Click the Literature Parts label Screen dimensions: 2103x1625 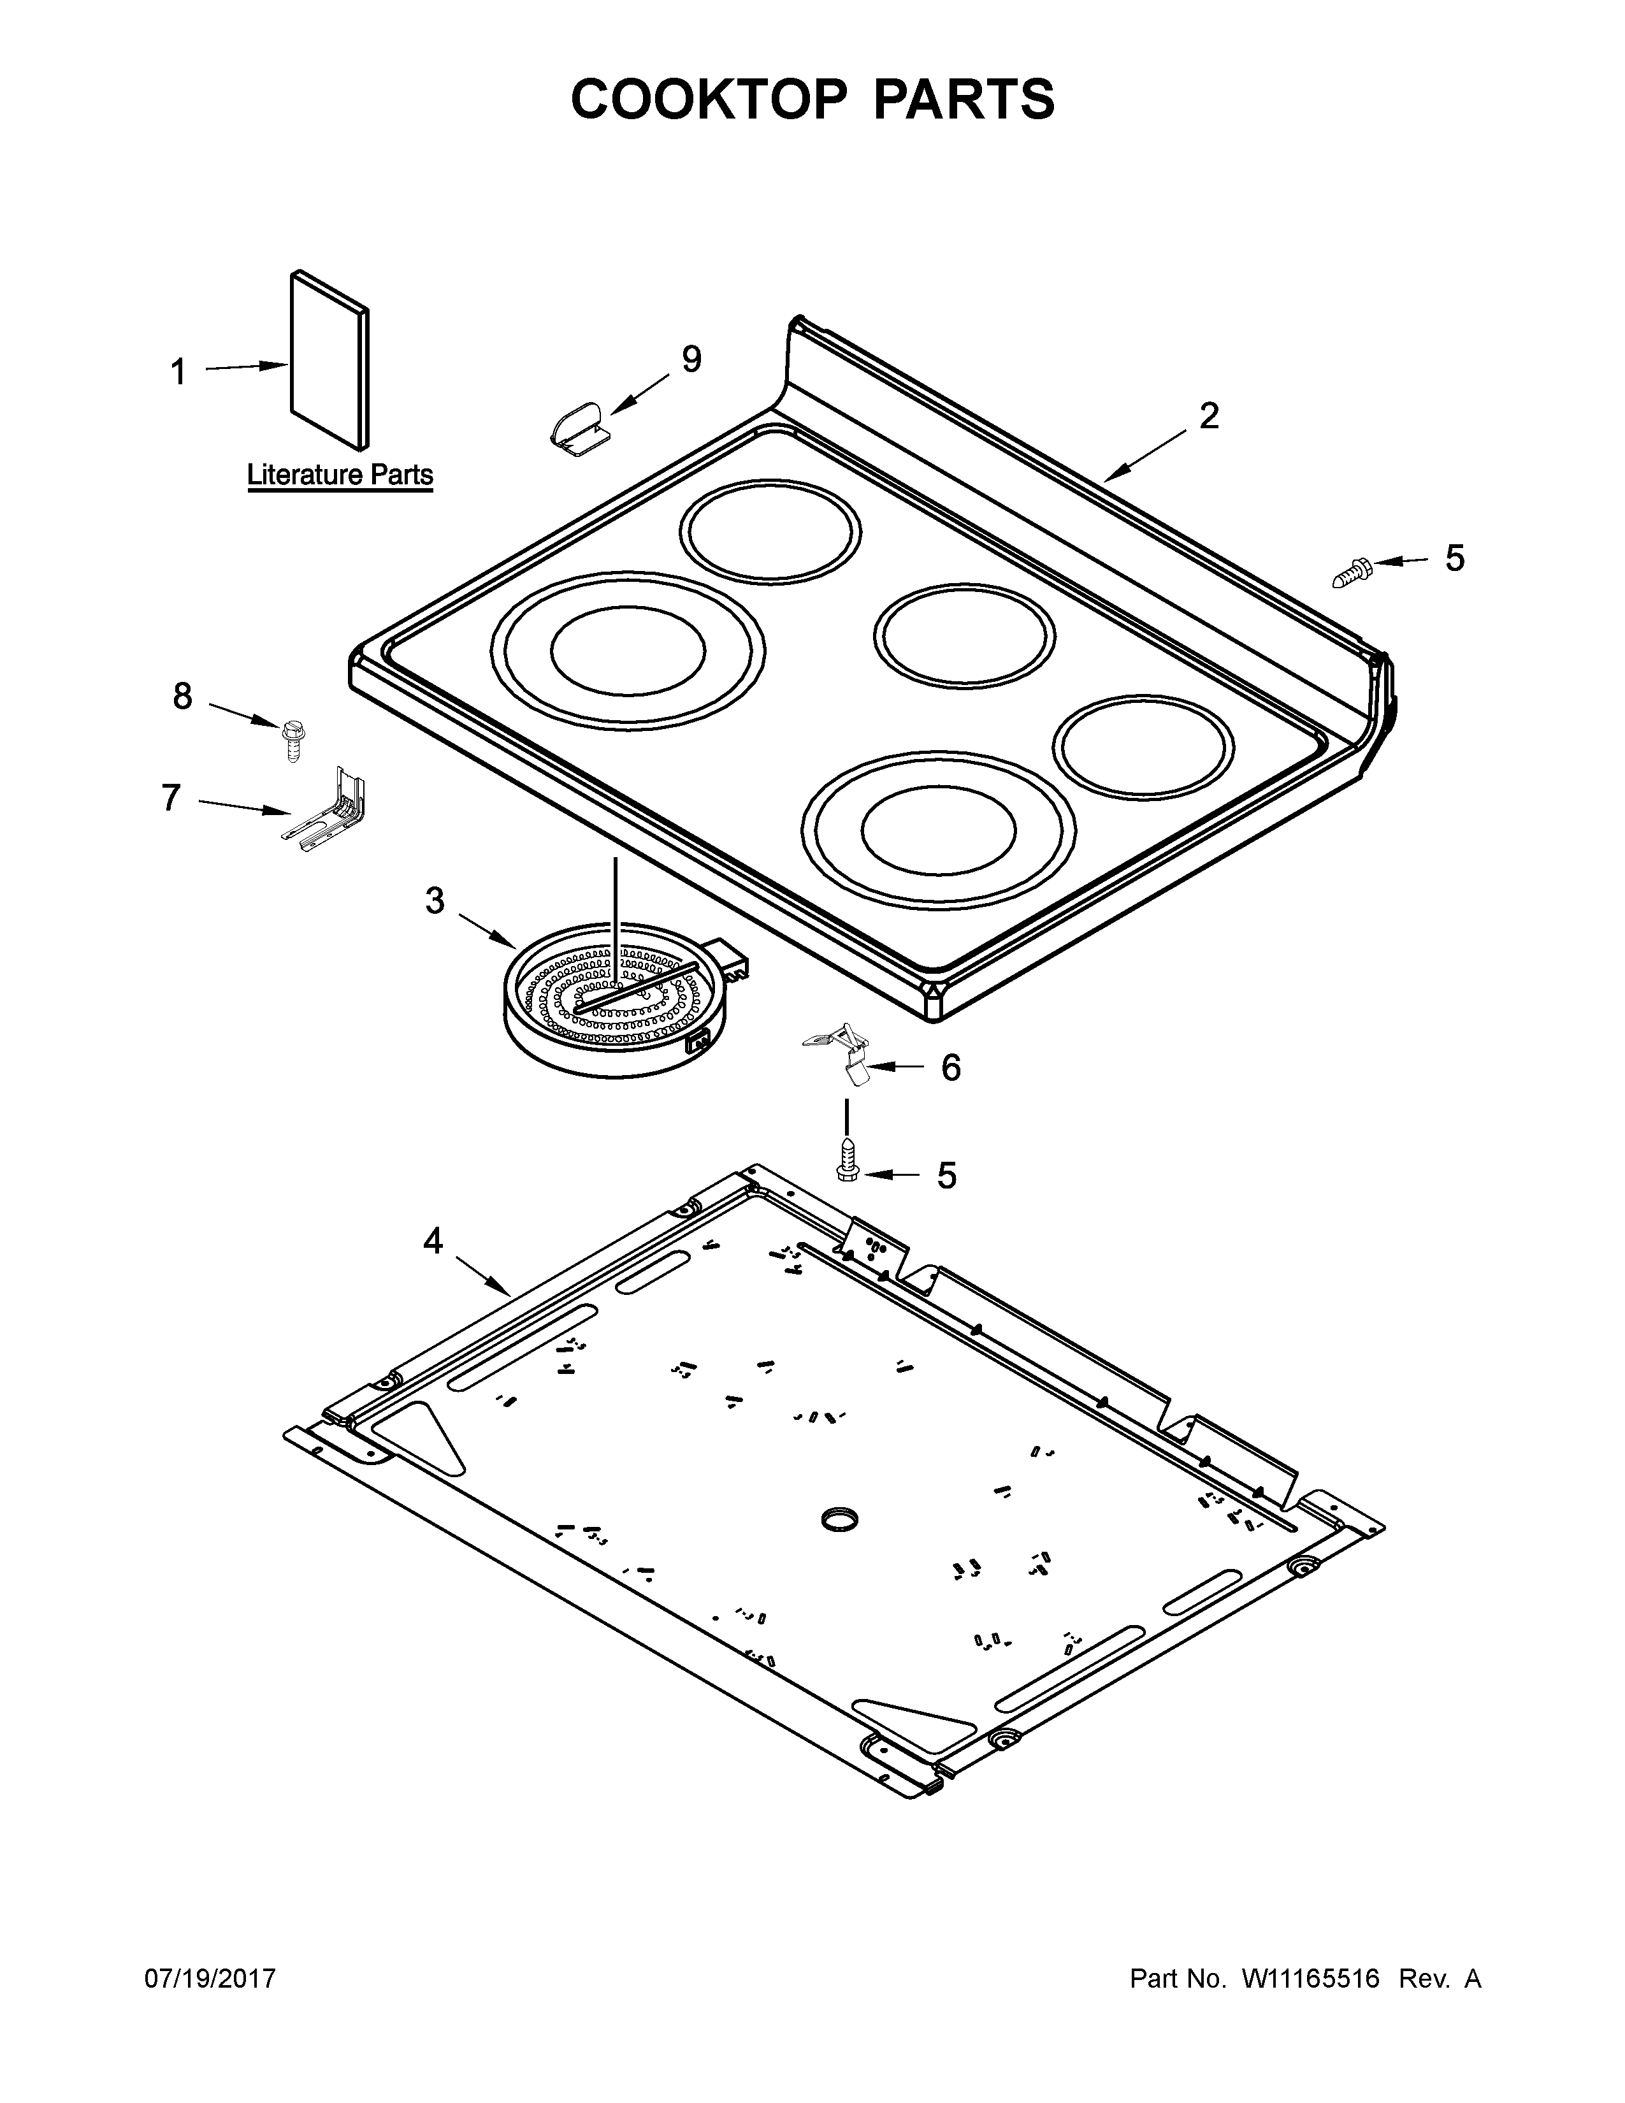pos(340,475)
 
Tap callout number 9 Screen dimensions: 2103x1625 pos(691,359)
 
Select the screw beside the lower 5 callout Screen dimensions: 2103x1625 pos(846,1159)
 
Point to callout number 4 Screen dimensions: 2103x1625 pos(433,1241)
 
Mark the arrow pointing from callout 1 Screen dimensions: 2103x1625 pos(247,367)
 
